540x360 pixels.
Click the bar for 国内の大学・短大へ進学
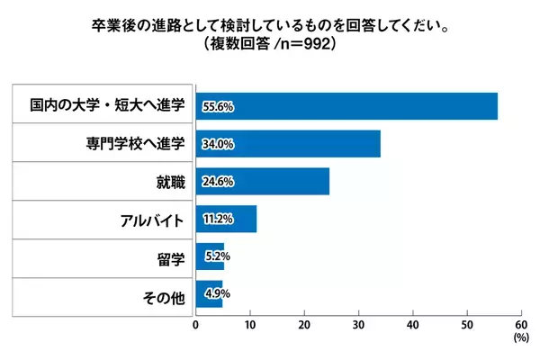[x=346, y=106]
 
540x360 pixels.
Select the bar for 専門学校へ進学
[x=288, y=144]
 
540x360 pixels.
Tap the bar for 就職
[x=263, y=182]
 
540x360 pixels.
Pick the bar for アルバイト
[x=226, y=220]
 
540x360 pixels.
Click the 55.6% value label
[x=218, y=107]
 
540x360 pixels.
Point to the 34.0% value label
[x=218, y=144]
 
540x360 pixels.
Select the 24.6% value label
[x=218, y=182]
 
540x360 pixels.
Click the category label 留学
[x=170, y=257]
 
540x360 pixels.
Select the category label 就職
[x=170, y=182]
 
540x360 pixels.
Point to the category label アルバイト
[x=152, y=220]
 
